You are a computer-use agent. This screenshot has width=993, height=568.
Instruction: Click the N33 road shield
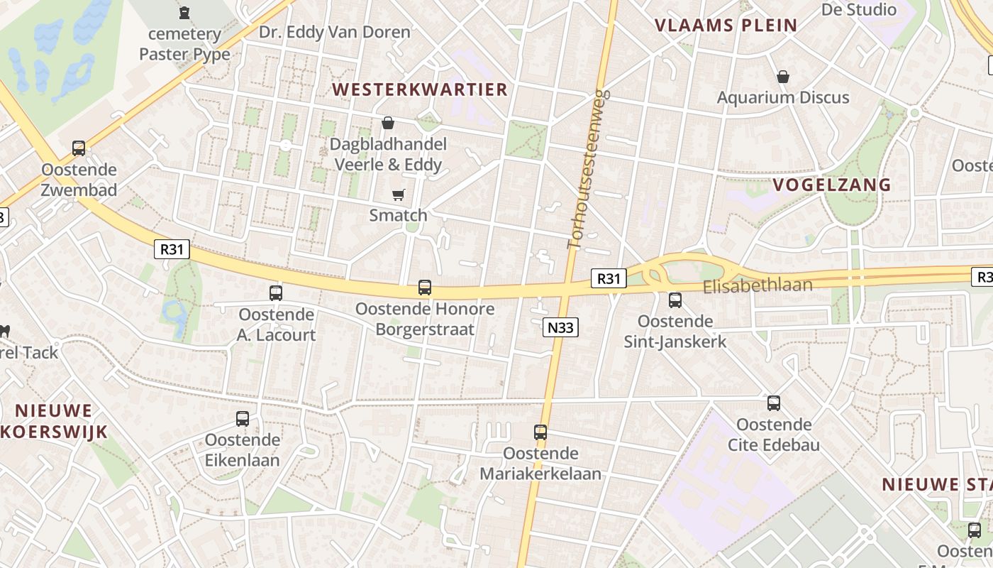[x=560, y=327]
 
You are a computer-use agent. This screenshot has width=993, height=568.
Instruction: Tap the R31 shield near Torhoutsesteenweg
[x=609, y=279]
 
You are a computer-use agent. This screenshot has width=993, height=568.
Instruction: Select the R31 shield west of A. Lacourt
[x=172, y=249]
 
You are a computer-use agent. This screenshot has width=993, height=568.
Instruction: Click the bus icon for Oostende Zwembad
[x=79, y=148]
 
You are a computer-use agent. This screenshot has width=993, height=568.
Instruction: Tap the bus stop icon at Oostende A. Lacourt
[x=276, y=293]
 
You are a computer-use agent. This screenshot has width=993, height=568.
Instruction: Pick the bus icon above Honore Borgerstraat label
[x=425, y=288]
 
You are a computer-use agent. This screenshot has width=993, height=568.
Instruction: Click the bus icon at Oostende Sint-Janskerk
[x=675, y=300]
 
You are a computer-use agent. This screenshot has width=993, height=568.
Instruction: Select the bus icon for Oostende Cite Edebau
[x=774, y=403]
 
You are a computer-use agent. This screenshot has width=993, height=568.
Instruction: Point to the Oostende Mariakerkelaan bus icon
[x=540, y=432]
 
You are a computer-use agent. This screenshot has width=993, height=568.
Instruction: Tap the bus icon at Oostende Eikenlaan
[x=243, y=419]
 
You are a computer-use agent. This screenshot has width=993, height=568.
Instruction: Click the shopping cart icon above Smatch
[x=399, y=195]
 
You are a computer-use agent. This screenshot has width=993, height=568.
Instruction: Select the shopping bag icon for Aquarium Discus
[x=783, y=77]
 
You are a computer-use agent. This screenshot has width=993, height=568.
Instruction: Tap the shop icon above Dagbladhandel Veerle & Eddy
[x=388, y=123]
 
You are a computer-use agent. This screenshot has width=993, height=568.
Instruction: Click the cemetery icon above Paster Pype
[x=184, y=13]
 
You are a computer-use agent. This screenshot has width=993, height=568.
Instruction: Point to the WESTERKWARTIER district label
[x=420, y=89]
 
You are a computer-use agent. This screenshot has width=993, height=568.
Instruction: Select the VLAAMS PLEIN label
[x=726, y=26]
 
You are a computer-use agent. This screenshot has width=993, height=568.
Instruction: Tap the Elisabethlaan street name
[x=758, y=285]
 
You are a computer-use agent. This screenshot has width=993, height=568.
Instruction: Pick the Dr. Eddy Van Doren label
[x=334, y=32]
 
